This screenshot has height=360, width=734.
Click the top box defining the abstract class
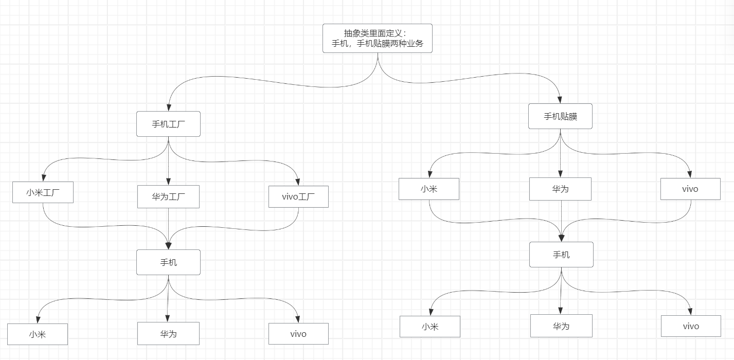[x=377, y=38]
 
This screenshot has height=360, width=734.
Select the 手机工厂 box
[x=168, y=124]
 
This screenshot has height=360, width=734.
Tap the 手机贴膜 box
[x=560, y=116]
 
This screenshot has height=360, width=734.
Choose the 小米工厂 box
[x=43, y=192]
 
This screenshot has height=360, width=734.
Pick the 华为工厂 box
[x=168, y=196]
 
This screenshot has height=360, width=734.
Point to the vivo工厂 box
[x=298, y=196]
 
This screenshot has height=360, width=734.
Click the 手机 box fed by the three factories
[x=168, y=262]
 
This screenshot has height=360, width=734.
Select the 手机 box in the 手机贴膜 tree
[x=561, y=255]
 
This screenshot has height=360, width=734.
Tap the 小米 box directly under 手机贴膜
[x=428, y=189]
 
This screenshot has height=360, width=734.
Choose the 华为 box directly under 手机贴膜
[x=560, y=189]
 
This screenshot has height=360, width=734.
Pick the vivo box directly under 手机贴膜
[x=690, y=189]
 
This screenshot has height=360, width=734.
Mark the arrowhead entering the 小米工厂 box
[x=43, y=178]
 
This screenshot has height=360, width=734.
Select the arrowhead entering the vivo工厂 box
[x=298, y=182]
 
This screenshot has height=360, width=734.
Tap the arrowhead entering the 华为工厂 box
[x=168, y=182]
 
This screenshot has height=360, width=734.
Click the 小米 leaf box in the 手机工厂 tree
[x=38, y=334]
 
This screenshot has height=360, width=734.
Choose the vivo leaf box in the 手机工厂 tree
[x=298, y=334]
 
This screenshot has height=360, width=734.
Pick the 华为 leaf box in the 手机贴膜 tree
[x=561, y=326]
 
